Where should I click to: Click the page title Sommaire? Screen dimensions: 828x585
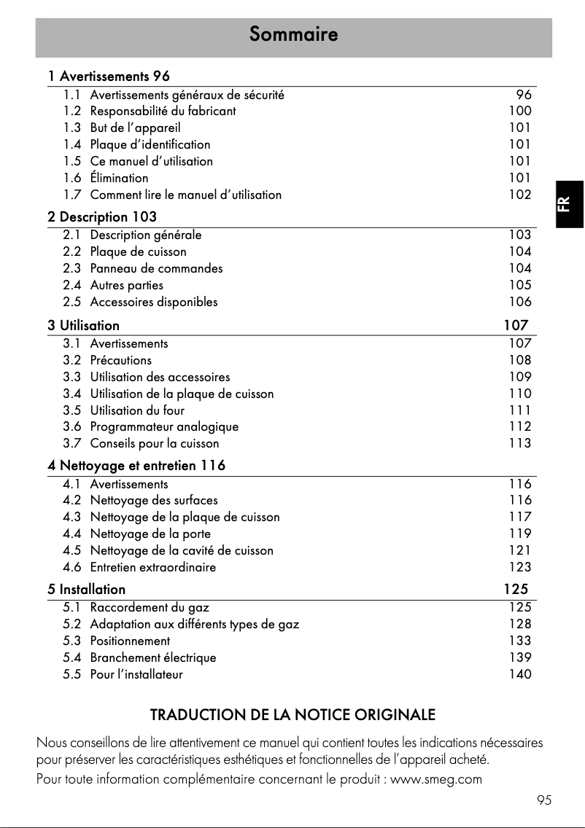coord(293,34)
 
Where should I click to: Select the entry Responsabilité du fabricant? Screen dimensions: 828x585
coord(163,112)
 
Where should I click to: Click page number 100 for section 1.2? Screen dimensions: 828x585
coord(520,112)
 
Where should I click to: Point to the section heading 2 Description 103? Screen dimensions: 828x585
coord(102,217)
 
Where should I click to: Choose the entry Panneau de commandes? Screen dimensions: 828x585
coord(156,268)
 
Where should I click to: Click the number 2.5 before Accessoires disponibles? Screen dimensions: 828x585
coord(71,302)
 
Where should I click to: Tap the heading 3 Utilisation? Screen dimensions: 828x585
coord(83,325)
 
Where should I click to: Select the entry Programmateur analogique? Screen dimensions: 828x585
coord(164,426)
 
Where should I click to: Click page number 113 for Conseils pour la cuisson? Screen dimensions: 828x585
coord(520,443)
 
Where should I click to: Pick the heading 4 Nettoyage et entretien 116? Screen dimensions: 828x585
coord(136,466)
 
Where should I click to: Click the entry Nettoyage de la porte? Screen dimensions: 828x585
coord(150,534)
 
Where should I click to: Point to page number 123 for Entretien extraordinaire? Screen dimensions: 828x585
coord(520,567)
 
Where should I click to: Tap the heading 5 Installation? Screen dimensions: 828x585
coord(86,589)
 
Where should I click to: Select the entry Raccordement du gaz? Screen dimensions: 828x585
coord(150,607)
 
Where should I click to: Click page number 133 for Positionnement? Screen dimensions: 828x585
coord(520,641)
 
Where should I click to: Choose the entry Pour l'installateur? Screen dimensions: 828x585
coord(136,674)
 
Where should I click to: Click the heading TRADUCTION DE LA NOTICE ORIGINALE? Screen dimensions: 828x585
coord(292,714)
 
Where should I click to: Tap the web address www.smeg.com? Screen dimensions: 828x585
coord(436,780)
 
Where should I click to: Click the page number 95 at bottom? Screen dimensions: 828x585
coord(544,800)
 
